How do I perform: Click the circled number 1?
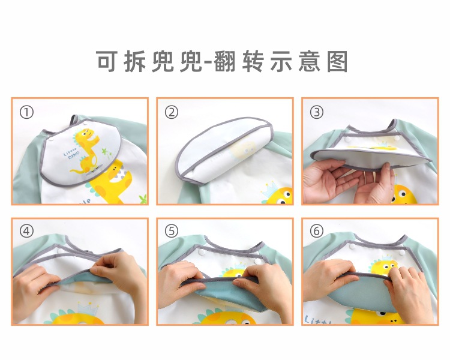click(26, 112)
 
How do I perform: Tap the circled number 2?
click(172, 112)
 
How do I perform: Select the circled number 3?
click(317, 112)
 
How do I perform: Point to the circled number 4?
click(26, 231)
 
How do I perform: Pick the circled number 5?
click(172, 231)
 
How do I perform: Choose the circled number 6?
click(317, 231)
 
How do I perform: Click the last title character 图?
click(339, 61)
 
